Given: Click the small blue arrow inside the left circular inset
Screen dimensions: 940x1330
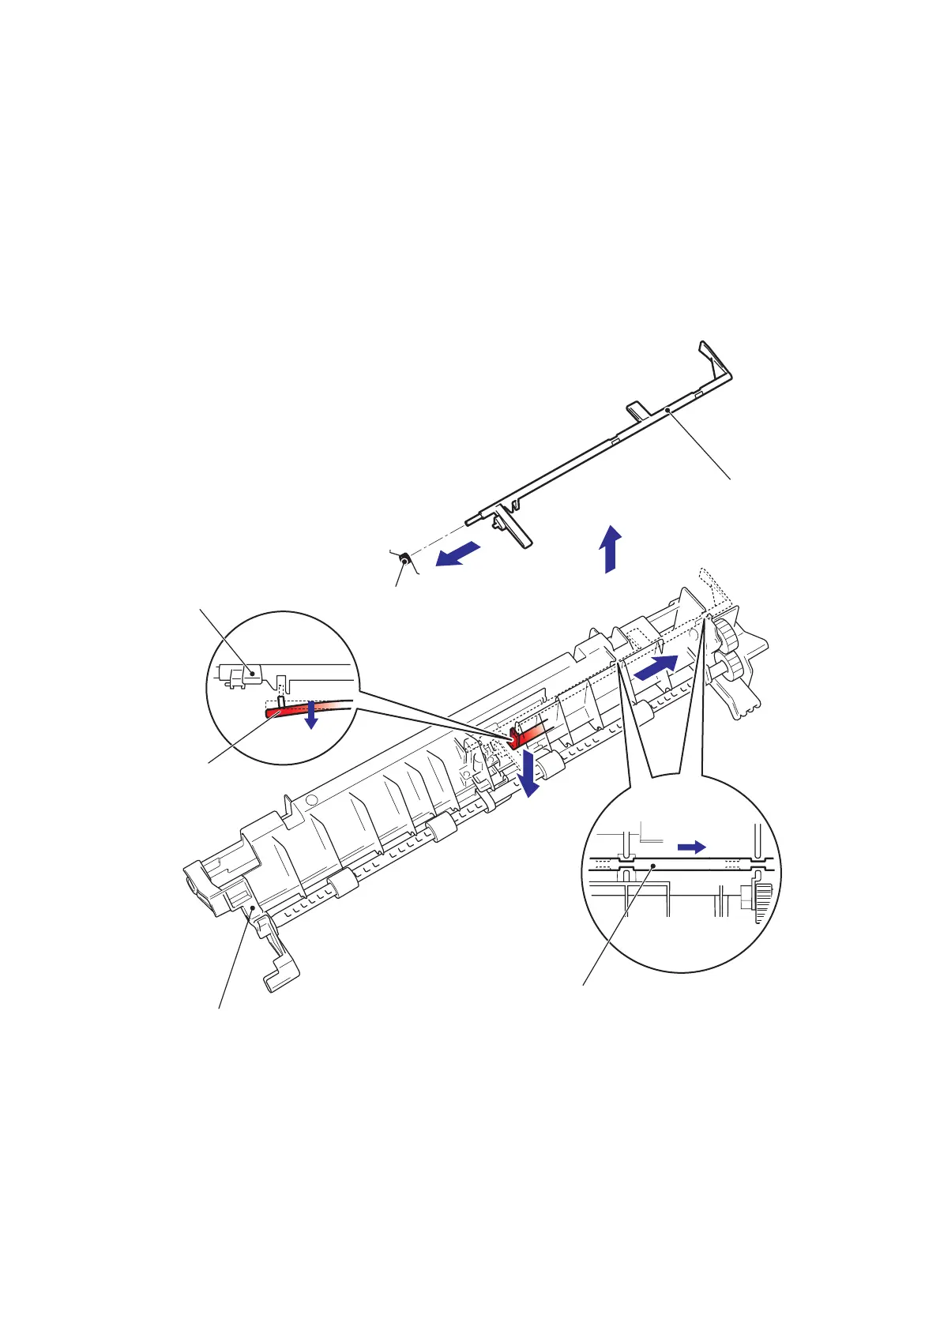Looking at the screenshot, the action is (312, 714).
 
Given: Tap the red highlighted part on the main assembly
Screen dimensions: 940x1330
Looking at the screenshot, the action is (525, 736).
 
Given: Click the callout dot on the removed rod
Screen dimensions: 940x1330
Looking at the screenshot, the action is (667, 410).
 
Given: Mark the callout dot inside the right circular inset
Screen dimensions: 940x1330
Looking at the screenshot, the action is (654, 866).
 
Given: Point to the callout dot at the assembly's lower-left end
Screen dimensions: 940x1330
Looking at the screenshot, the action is (252, 910).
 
